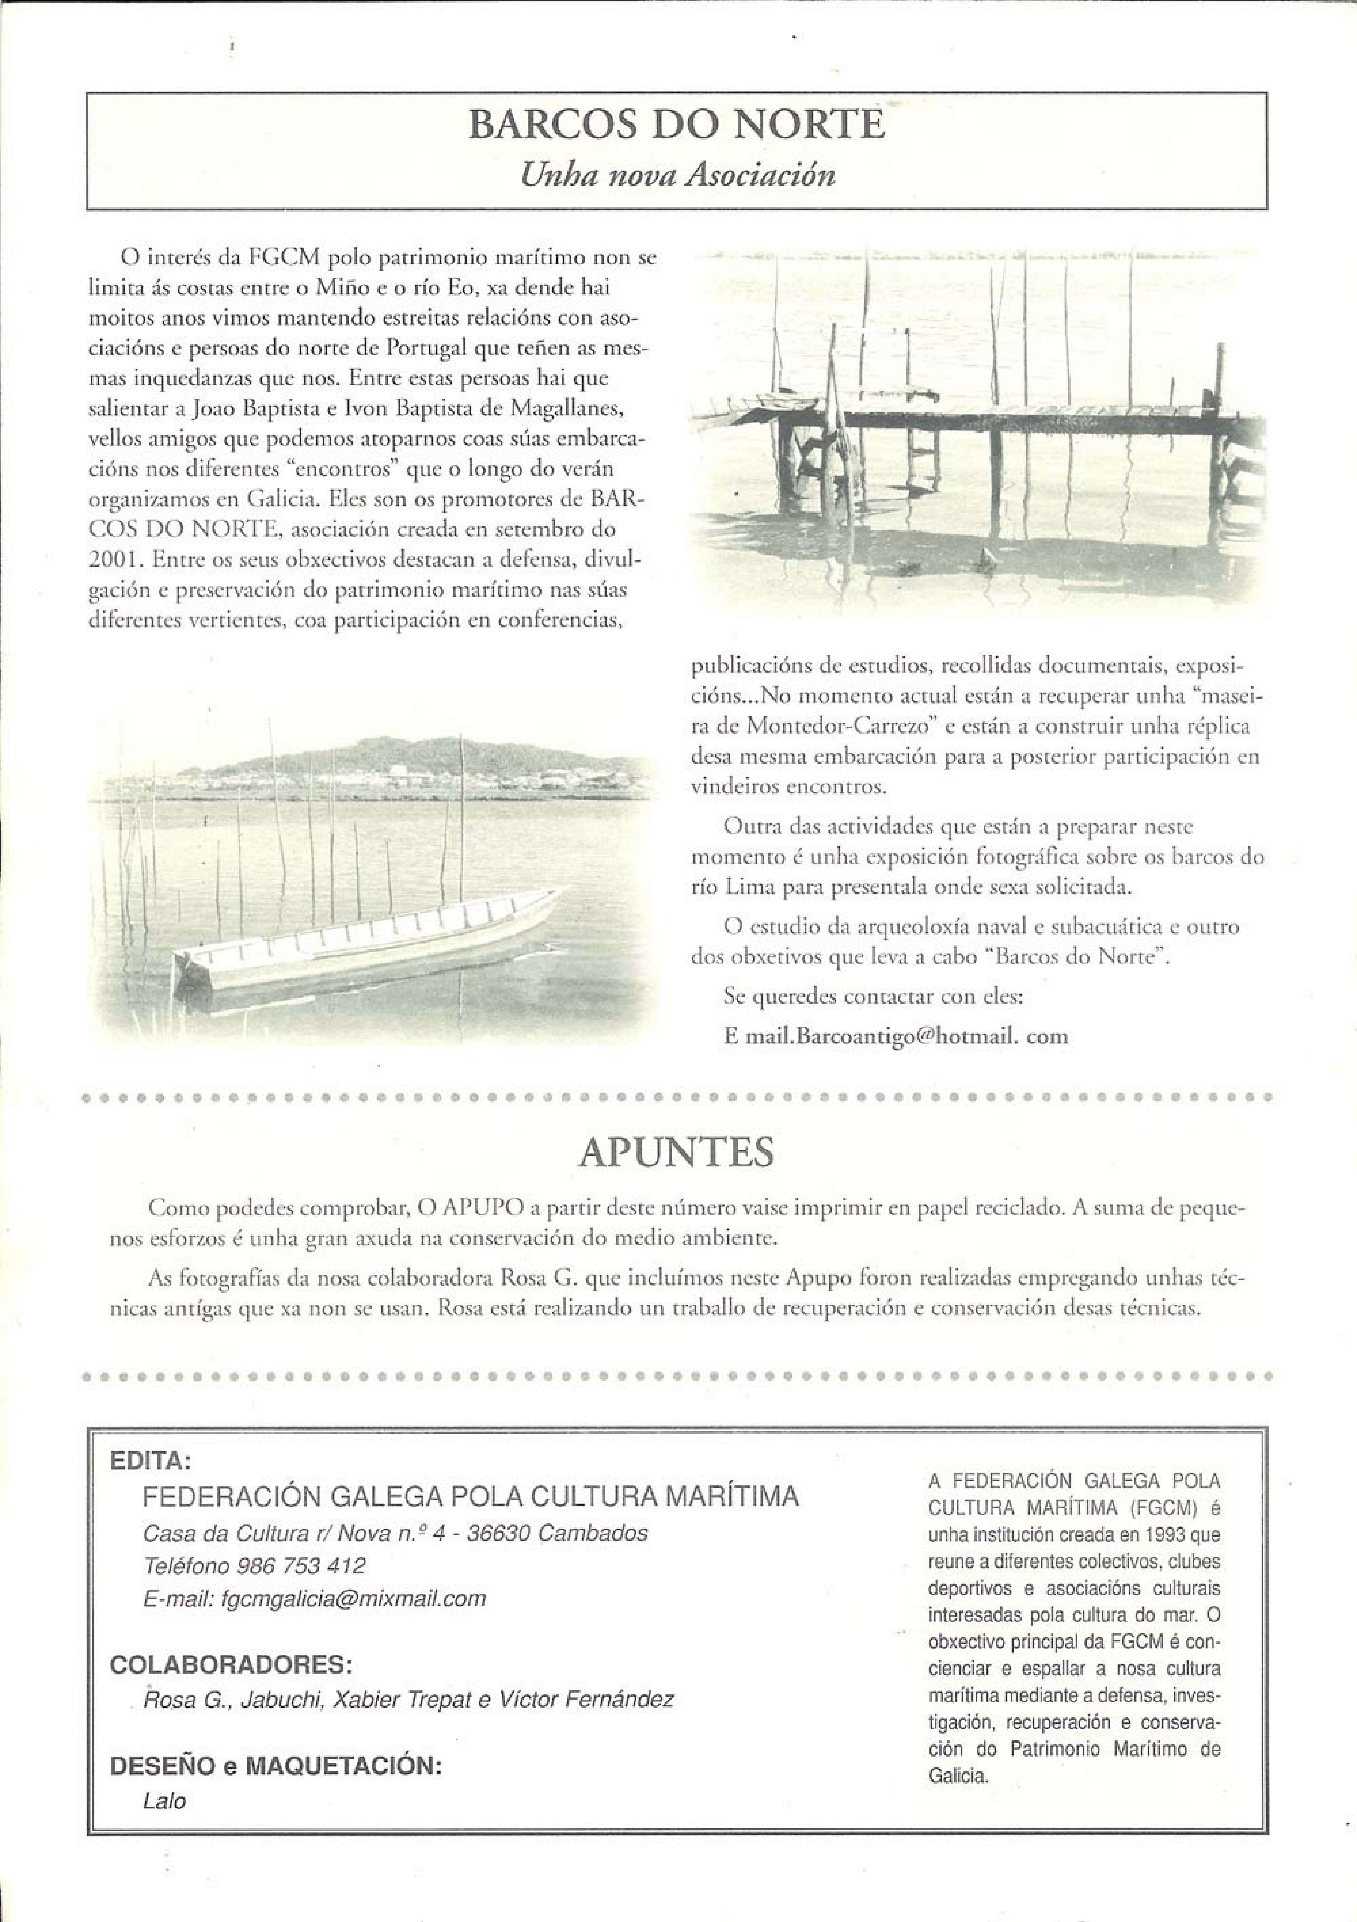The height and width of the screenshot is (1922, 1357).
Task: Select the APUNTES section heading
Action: pos(676,1153)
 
